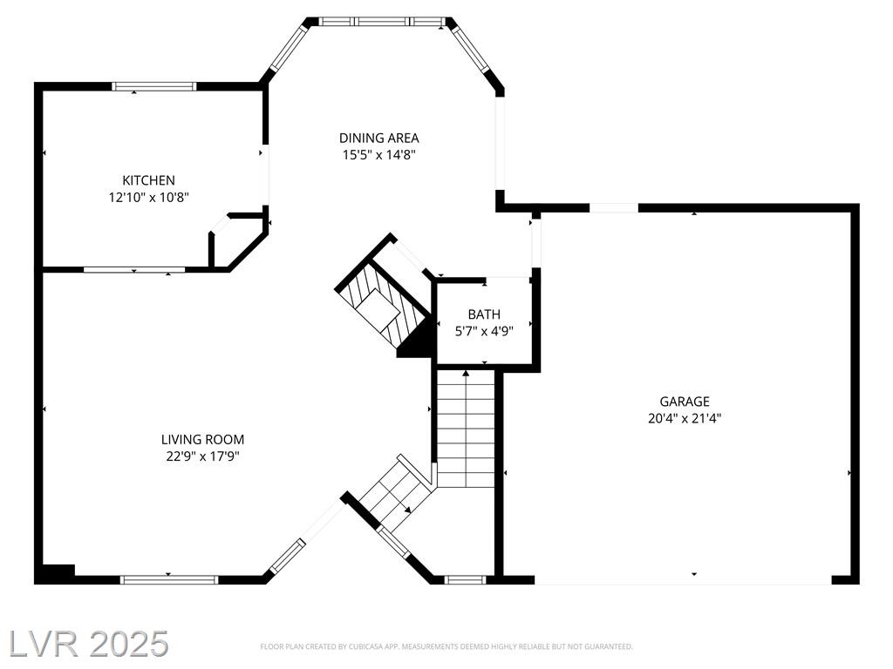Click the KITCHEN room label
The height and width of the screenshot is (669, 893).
[x=148, y=180]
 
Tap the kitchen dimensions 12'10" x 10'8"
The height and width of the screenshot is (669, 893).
[x=148, y=198]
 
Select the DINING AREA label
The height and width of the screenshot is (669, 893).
[x=378, y=138]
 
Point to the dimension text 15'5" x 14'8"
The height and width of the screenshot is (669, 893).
[x=378, y=155]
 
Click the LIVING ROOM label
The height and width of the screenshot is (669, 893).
[x=202, y=439]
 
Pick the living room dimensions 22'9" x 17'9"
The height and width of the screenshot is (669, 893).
[x=202, y=456]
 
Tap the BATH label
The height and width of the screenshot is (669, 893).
[x=484, y=314]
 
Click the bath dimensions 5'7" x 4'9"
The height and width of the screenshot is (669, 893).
[x=484, y=331]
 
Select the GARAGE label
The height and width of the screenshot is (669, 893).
[x=685, y=402]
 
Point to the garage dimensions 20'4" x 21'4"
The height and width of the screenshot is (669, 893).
[x=685, y=419]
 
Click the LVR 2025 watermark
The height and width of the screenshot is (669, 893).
[x=89, y=644]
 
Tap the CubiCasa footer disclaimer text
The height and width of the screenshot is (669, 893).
[x=446, y=647]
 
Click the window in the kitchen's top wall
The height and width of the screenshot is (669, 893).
[x=153, y=86]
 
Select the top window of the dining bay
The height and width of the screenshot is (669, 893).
[x=381, y=22]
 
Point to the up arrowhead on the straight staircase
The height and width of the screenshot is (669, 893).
[x=466, y=374]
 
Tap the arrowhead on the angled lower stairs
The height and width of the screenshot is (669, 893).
[x=408, y=510]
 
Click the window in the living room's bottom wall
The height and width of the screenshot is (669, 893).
[x=169, y=579]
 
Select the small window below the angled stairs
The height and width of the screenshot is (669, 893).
[x=465, y=579]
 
